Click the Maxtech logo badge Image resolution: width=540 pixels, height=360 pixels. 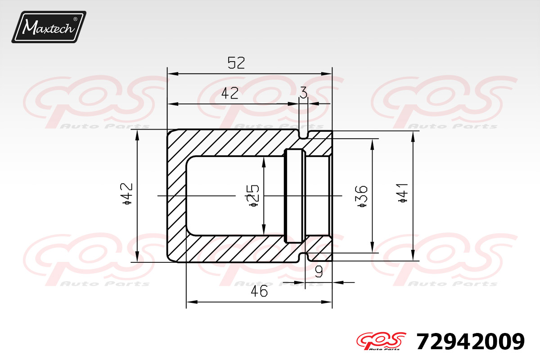point(49,27)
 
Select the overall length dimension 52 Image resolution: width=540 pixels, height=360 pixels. point(236,63)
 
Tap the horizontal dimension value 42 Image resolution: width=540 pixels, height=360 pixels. point(230,93)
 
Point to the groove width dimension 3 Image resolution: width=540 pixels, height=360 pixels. point(303,93)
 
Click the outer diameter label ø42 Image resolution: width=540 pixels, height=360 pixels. point(127,193)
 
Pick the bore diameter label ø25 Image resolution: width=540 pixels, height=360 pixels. point(252,196)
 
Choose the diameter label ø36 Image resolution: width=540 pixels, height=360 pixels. point(362,196)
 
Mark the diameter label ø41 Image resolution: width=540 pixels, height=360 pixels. point(403,193)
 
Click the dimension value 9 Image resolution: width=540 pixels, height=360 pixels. point(319,272)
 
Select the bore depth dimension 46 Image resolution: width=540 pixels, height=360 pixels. point(259,291)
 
